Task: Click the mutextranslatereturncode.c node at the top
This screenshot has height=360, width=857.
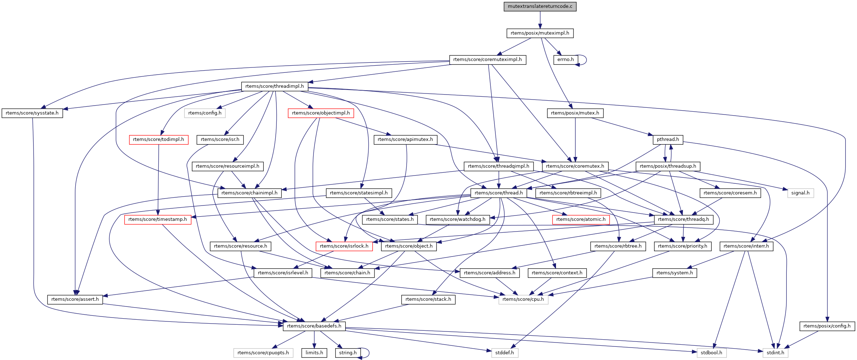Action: (x=540, y=6)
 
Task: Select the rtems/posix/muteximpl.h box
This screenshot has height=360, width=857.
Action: (x=540, y=33)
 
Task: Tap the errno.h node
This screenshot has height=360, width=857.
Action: (x=565, y=60)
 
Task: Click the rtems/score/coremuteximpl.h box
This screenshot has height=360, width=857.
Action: (x=487, y=60)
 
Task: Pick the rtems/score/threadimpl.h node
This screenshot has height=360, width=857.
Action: (x=275, y=86)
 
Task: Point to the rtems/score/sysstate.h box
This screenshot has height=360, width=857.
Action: (x=32, y=113)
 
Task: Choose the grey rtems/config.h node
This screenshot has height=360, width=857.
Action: (x=205, y=113)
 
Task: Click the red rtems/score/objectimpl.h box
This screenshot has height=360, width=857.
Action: (x=321, y=113)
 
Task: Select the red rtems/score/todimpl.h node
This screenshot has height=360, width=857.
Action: (x=158, y=140)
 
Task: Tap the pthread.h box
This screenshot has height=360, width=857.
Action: (x=668, y=140)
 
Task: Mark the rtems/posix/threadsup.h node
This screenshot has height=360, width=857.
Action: (x=668, y=166)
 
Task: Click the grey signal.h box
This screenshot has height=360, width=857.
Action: (x=800, y=193)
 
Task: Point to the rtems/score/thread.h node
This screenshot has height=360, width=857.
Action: (x=499, y=193)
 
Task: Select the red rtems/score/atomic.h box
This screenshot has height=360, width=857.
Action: (x=581, y=219)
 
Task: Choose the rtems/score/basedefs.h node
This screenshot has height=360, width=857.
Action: (x=314, y=326)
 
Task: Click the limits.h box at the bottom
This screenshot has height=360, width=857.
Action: (x=314, y=353)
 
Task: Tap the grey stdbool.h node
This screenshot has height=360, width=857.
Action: (x=711, y=353)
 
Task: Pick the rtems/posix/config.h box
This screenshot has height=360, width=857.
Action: (x=827, y=326)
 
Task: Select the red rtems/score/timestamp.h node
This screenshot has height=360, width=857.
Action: (x=157, y=219)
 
